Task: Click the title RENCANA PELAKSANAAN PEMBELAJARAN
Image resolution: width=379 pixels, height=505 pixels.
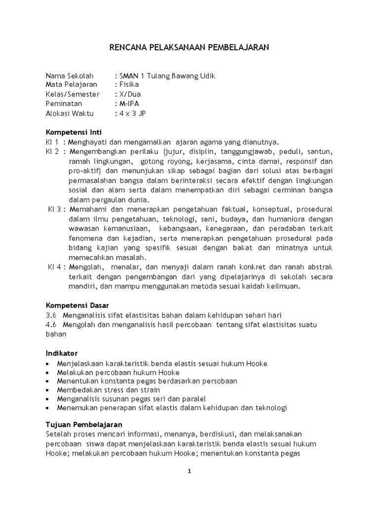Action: coord(189,47)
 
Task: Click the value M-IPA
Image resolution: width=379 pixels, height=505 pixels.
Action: coord(130,104)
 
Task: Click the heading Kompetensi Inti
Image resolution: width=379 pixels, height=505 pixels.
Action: coord(74,133)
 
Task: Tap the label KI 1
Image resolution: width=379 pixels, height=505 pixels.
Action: coord(52,142)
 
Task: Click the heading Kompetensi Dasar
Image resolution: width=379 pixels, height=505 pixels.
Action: coord(77,305)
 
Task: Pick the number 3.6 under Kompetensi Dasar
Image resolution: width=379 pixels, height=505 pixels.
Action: coord(51,315)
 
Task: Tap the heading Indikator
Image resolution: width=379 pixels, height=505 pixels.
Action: coord(62,353)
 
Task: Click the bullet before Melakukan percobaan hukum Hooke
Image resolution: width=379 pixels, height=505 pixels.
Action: coord(47,372)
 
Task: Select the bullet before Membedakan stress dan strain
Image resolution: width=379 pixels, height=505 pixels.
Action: coord(47,390)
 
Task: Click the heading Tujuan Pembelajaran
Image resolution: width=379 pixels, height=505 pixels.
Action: coord(84,424)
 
